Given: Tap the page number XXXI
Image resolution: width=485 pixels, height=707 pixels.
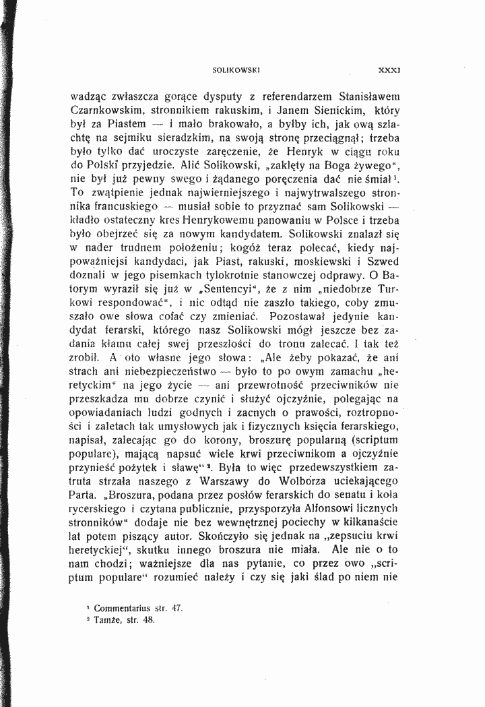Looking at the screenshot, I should coord(390,69).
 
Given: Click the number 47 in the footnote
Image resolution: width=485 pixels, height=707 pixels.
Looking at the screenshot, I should coord(177,608).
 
